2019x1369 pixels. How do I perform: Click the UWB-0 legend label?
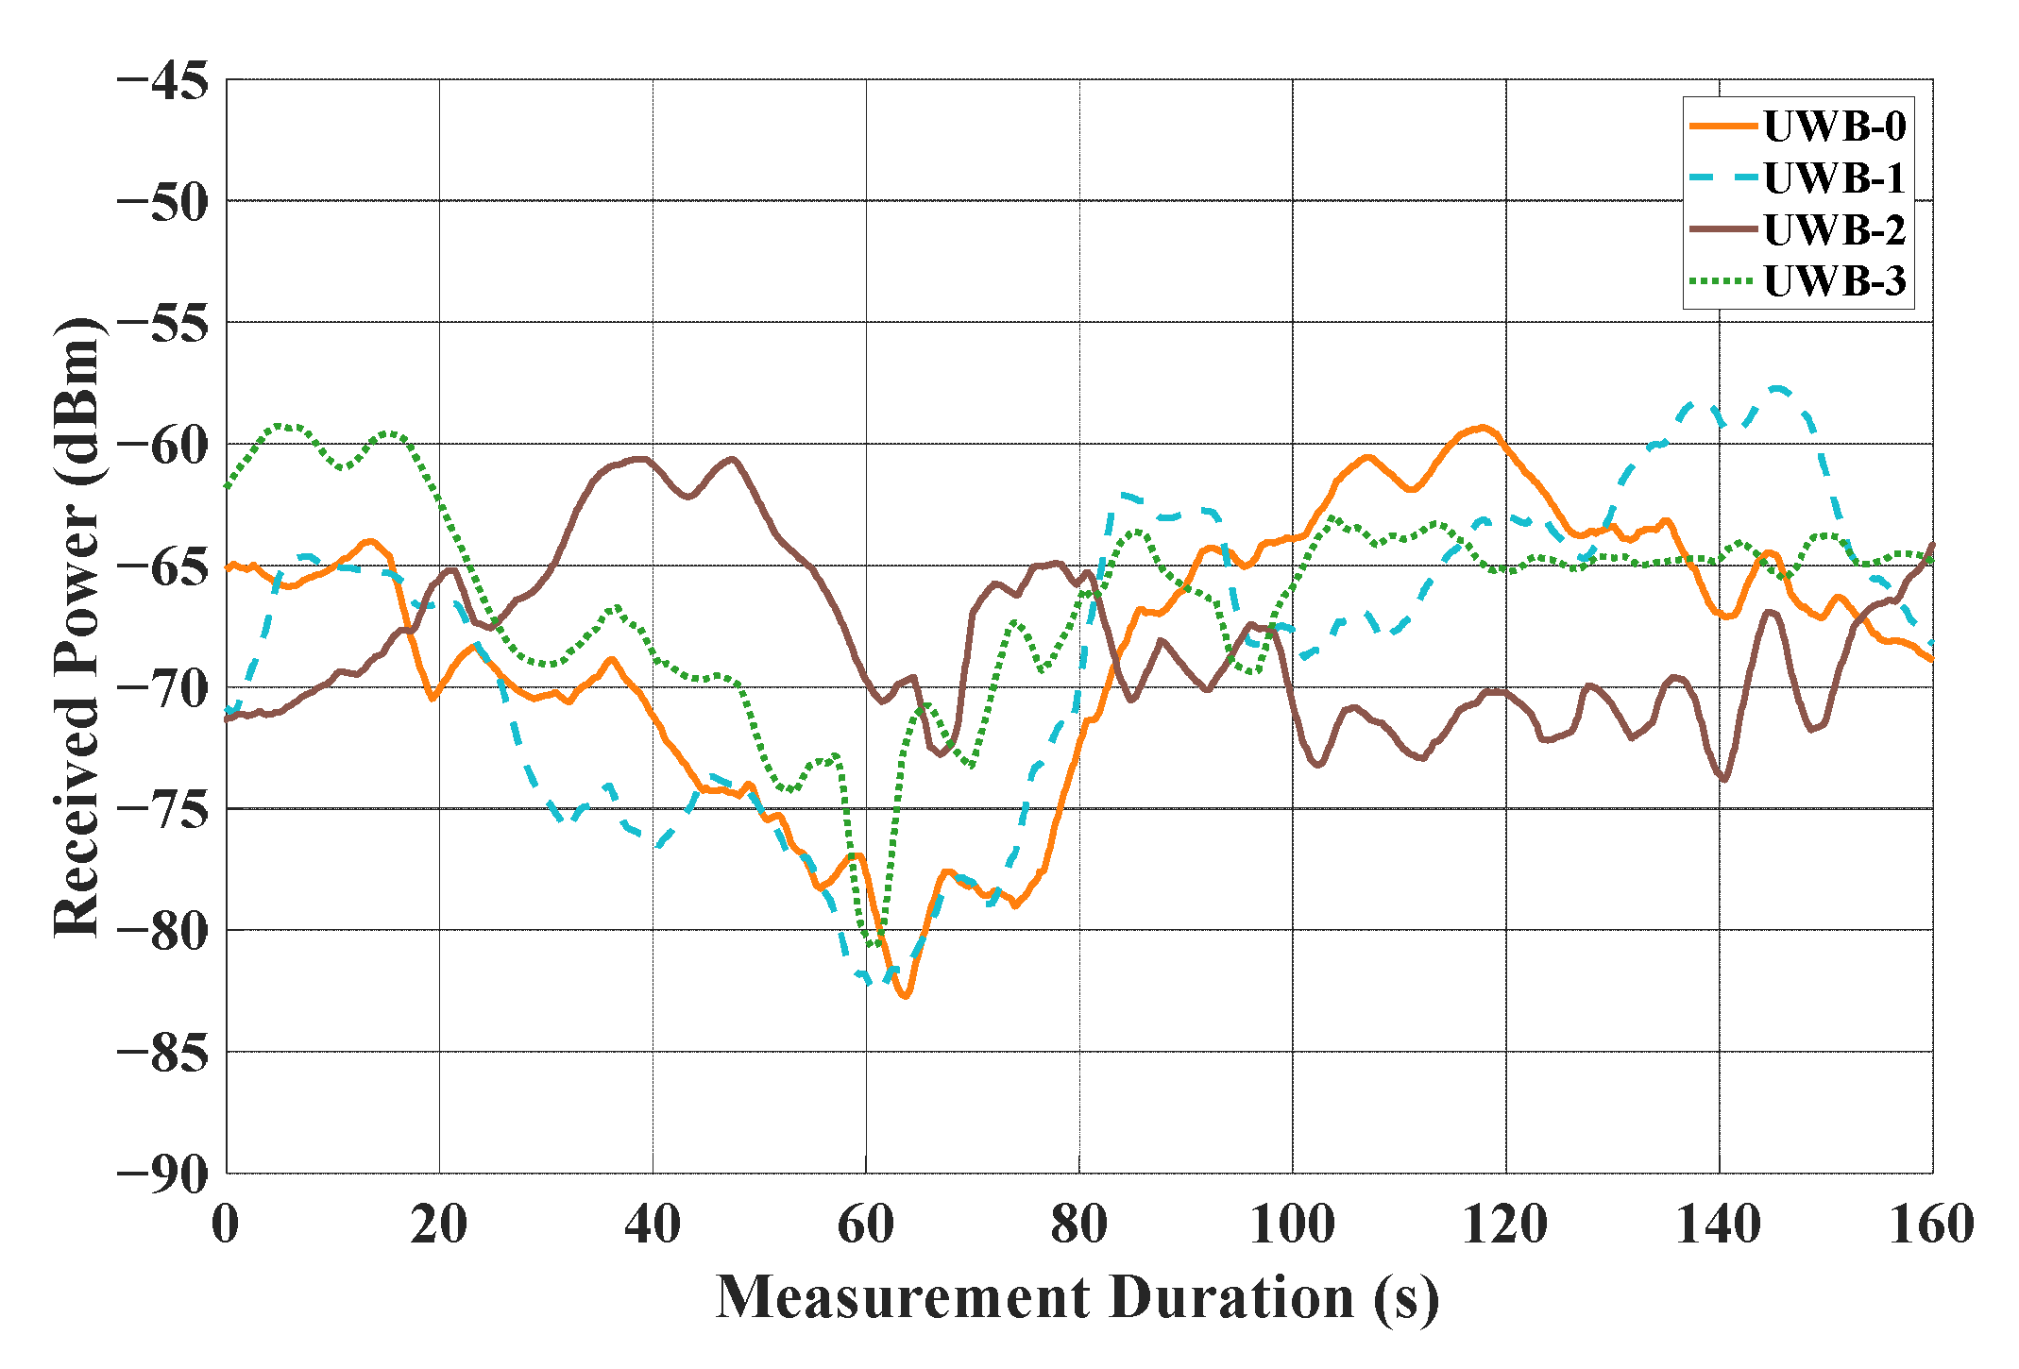[x=1834, y=127]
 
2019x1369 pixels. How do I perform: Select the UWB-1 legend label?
[x=1834, y=178]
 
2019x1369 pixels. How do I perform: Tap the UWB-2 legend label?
[x=1834, y=229]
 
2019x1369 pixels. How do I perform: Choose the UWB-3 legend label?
[x=1834, y=281]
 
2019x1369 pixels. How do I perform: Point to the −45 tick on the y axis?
[x=163, y=81]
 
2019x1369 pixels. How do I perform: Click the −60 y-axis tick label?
[x=163, y=445]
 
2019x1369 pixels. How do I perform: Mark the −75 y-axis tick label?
[x=163, y=809]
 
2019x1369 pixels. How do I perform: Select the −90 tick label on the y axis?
[x=163, y=1174]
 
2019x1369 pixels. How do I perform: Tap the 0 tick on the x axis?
[x=226, y=1225]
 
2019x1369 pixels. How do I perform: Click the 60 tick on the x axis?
[x=866, y=1225]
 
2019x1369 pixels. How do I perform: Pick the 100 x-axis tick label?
[x=1292, y=1225]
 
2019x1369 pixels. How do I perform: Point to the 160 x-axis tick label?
[x=1931, y=1225]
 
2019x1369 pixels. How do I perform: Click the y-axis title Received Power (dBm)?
[x=77, y=627]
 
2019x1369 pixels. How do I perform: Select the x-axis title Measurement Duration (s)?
[x=1077, y=1297]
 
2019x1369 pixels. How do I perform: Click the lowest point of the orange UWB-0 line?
[x=905, y=996]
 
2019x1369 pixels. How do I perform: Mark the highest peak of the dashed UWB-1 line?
[x=1778, y=388]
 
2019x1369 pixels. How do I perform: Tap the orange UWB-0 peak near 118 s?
[x=1484, y=427]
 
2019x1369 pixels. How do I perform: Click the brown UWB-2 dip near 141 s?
[x=1725, y=780]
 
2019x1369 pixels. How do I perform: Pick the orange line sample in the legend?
[x=1722, y=127]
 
